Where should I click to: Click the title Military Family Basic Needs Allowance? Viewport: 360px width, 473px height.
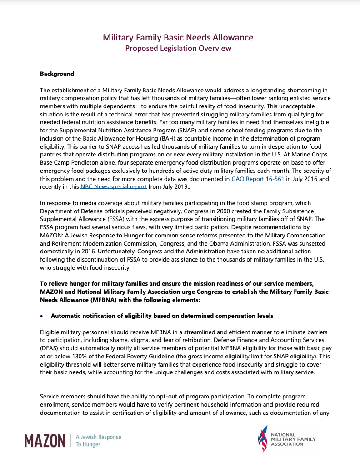(x=178, y=37)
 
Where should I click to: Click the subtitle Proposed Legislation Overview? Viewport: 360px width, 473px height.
(x=178, y=48)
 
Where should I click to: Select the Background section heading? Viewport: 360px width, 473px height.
(x=57, y=74)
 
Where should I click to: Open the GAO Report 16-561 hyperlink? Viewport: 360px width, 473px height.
(x=258, y=179)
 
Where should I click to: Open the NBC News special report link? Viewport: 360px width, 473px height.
(x=114, y=186)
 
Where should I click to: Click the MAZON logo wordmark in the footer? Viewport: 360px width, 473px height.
(x=45, y=440)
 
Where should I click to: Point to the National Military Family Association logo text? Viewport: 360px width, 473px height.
(x=293, y=439)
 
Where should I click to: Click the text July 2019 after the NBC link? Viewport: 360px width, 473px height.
(x=175, y=186)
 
